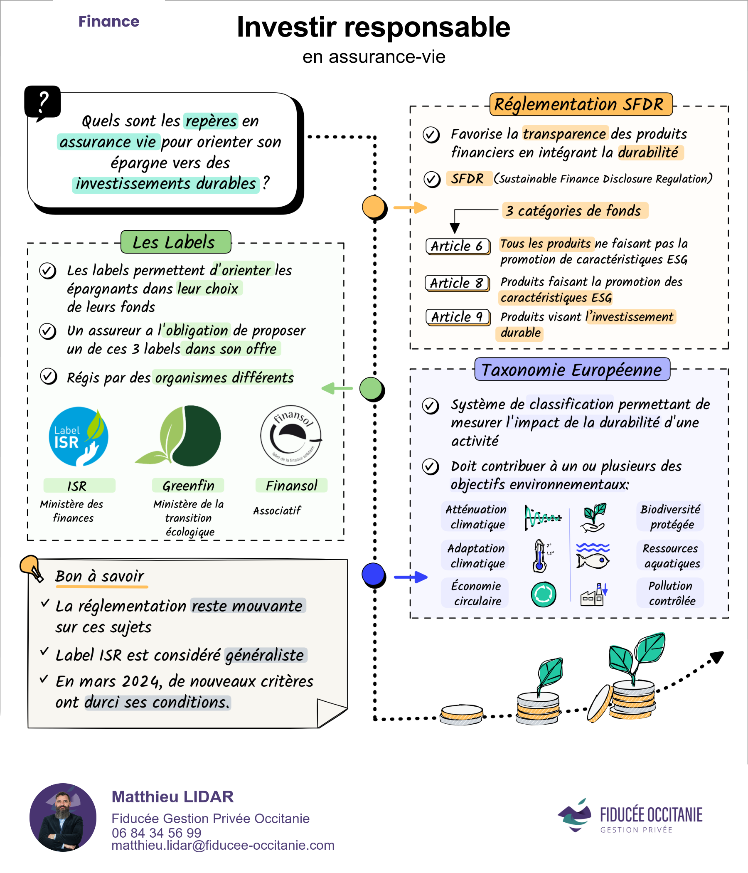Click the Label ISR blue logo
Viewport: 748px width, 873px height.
click(79, 436)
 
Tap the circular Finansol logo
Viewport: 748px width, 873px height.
click(290, 436)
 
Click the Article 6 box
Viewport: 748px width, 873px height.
click(458, 246)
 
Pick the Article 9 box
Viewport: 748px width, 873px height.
click(458, 317)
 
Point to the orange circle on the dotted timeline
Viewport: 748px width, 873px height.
click(374, 207)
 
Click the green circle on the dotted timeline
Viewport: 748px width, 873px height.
click(371, 388)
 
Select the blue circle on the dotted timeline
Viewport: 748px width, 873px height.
click(373, 574)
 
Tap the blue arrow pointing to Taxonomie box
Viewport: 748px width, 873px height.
click(411, 577)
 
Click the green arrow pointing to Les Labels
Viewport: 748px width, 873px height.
click(337, 388)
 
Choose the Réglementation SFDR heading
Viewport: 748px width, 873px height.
click(581, 104)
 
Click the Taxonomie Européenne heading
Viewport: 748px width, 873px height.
click(572, 370)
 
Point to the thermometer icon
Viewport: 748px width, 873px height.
click(539, 556)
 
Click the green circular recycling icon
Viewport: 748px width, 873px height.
click(543, 594)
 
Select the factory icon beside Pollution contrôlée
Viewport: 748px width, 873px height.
click(593, 595)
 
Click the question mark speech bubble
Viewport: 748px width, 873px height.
click(42, 102)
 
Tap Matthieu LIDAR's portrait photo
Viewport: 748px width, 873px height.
click(63, 817)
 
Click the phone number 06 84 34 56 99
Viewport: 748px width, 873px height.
click(156, 833)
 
